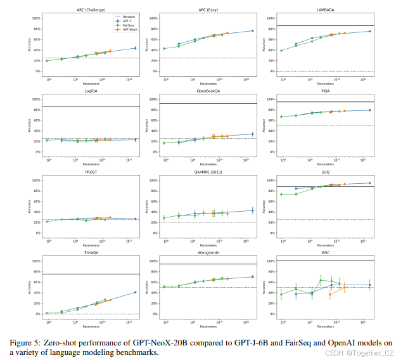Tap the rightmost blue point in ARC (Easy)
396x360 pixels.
(252, 31)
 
